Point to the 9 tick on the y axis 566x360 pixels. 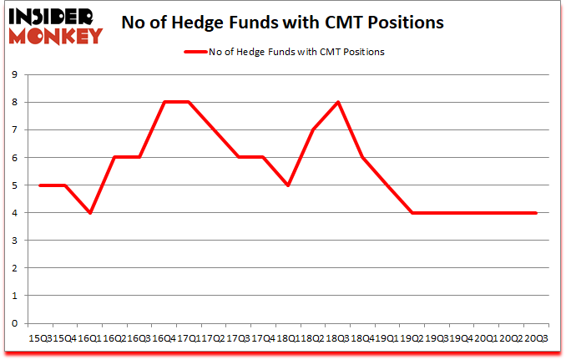[x=15, y=74]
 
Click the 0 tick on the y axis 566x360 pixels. [x=15, y=323]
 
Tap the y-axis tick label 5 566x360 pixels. [x=15, y=185]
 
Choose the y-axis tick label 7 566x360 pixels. [x=15, y=129]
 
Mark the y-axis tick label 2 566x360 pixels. [x=15, y=268]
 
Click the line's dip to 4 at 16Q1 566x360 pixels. [x=89, y=213]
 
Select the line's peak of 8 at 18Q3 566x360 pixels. [x=338, y=102]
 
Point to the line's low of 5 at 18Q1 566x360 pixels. [x=288, y=185]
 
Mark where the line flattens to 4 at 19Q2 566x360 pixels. [x=412, y=213]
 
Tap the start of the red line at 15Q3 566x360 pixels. [x=40, y=185]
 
